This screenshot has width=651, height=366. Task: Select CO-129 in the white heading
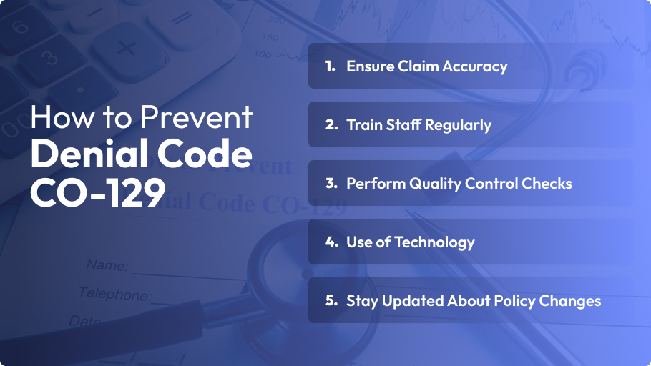[x=97, y=191]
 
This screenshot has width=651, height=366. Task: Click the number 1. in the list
[x=330, y=66]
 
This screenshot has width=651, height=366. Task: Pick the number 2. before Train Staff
[x=331, y=125]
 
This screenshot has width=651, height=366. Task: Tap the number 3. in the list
[x=331, y=184]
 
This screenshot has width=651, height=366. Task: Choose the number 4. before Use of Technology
[x=331, y=242]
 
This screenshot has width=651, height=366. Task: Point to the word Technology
[x=436, y=242]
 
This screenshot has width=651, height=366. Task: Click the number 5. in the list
[x=331, y=301]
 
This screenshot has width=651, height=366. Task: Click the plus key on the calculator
[x=127, y=49]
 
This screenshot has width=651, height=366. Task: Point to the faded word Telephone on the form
[x=114, y=293]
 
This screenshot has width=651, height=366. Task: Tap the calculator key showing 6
[x=19, y=28]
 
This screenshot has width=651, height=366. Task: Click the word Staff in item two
[x=406, y=125]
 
